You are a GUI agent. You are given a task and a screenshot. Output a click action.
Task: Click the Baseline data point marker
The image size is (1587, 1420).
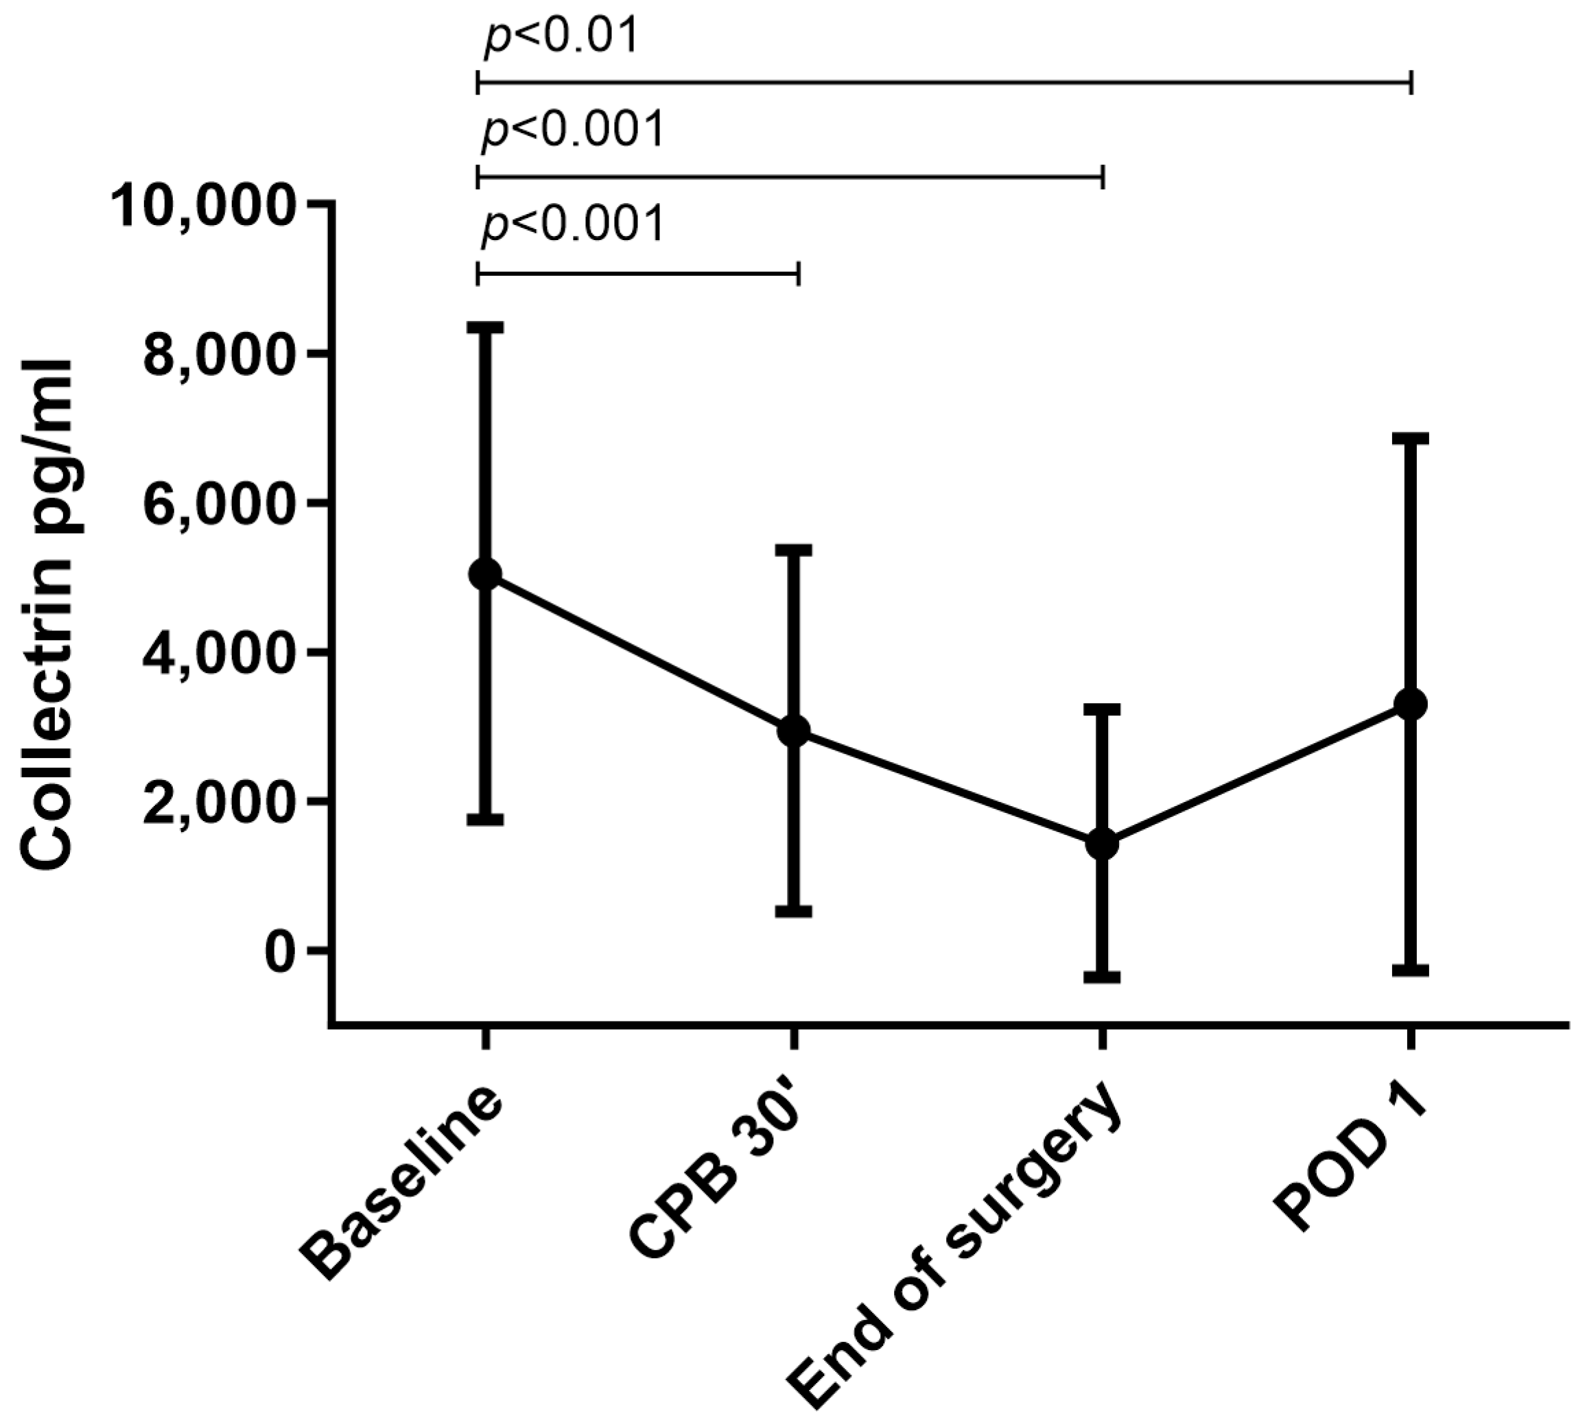pyautogui.click(x=484, y=575)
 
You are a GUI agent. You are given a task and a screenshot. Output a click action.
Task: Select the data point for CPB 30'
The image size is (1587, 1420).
pyautogui.click(x=793, y=731)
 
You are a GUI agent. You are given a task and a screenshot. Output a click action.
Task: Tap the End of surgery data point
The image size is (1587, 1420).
pyautogui.click(x=1103, y=843)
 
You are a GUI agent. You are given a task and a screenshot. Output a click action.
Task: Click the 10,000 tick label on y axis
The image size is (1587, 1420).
pyautogui.click(x=204, y=205)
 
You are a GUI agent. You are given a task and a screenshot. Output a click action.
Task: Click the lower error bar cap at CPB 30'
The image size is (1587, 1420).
pyautogui.click(x=793, y=910)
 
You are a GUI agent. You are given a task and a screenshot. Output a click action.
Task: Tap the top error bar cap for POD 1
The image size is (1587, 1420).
pyautogui.click(x=1411, y=438)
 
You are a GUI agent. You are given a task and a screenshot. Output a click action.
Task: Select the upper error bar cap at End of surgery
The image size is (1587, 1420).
pyautogui.click(x=1103, y=709)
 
